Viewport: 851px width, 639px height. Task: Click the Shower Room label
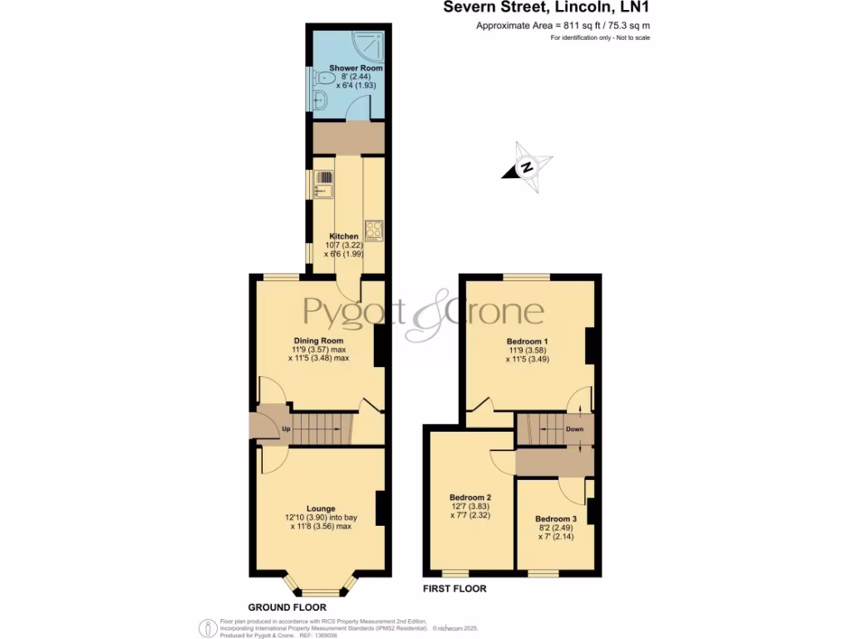click(x=356, y=67)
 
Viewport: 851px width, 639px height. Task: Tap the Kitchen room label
click(x=344, y=236)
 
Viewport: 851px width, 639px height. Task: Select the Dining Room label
click(x=318, y=340)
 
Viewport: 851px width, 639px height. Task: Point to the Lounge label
click(x=320, y=508)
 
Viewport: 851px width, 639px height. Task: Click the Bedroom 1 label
click(x=528, y=341)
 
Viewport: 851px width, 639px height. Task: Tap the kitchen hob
click(x=373, y=229)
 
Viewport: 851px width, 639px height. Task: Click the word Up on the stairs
click(x=286, y=429)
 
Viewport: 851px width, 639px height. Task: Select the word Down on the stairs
click(x=575, y=429)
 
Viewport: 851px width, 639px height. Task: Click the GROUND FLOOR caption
click(x=287, y=607)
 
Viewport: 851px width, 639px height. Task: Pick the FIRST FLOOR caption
click(x=454, y=588)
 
